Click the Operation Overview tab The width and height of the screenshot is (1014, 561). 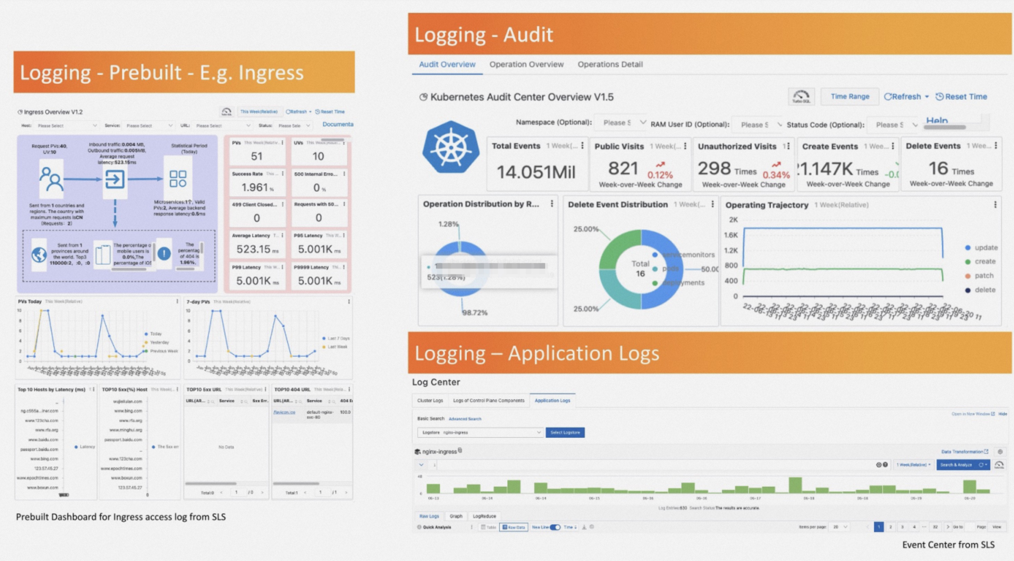(x=526, y=64)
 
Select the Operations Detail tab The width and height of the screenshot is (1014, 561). (x=610, y=64)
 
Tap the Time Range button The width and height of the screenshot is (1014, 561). (x=850, y=97)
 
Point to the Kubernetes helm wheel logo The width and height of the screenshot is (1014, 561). (x=451, y=147)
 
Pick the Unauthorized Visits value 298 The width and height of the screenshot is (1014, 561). (x=714, y=168)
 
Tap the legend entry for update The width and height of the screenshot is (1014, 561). (x=985, y=248)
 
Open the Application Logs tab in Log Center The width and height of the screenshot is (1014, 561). (x=552, y=400)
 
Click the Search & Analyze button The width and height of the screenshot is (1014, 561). (x=956, y=465)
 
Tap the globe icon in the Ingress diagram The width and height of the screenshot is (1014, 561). (x=39, y=255)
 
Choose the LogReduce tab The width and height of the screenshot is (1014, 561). (x=484, y=516)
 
